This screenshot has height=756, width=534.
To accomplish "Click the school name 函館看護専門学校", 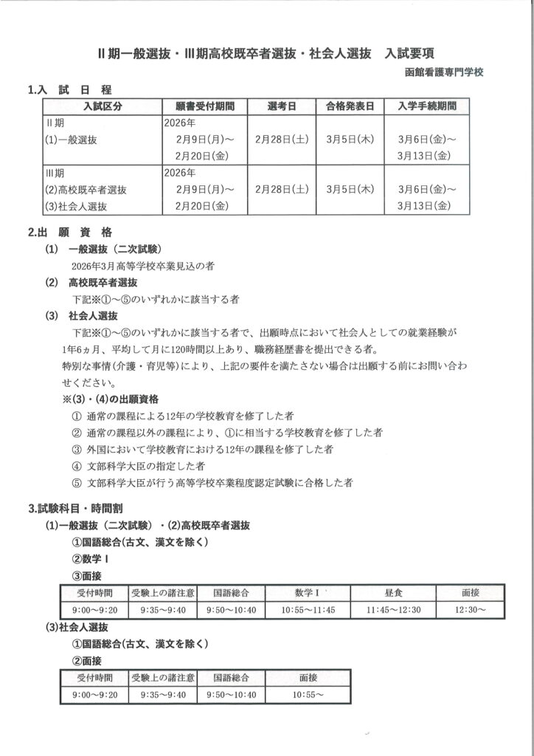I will click(x=444, y=73).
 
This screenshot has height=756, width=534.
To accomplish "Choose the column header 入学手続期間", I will click(x=426, y=106).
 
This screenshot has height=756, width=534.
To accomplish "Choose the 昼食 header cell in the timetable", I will click(x=392, y=592).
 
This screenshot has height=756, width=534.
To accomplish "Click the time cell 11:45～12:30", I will click(x=392, y=610).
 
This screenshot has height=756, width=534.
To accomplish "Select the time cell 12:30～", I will click(x=470, y=610).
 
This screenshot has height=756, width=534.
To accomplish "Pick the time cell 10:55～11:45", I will click(x=308, y=610).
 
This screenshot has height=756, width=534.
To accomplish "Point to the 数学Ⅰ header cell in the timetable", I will click(x=308, y=592).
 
